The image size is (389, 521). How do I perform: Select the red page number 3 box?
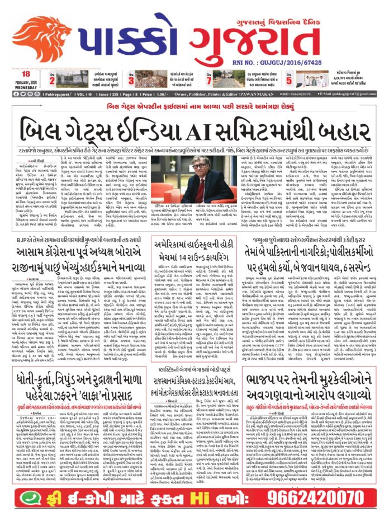point(135,79)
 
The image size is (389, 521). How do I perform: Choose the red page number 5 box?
point(306,79)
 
